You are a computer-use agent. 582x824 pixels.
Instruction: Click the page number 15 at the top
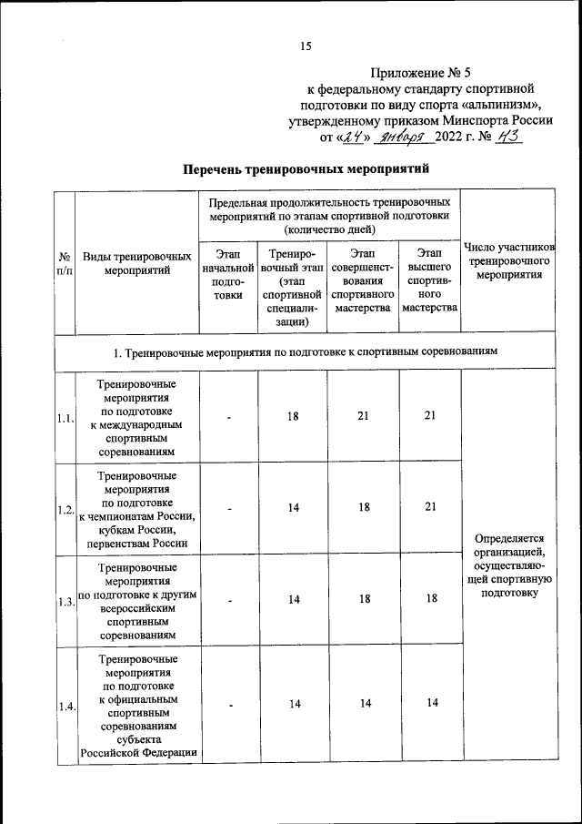pyautogui.click(x=306, y=46)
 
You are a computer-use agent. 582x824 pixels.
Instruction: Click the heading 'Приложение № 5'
pyautogui.click(x=422, y=71)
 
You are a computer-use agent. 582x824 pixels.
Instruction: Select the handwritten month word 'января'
pyautogui.click(x=400, y=137)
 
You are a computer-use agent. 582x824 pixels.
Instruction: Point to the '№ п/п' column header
pyautogui.click(x=65, y=264)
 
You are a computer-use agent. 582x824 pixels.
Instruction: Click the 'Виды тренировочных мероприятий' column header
pyautogui.click(x=136, y=264)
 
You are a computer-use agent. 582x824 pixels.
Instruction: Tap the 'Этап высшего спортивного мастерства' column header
pyautogui.click(x=430, y=280)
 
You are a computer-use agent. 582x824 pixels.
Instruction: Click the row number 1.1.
pyautogui.click(x=64, y=418)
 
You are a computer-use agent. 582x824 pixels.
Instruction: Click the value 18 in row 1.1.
pyautogui.click(x=294, y=415)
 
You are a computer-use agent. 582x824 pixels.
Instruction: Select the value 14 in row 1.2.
pyautogui.click(x=294, y=508)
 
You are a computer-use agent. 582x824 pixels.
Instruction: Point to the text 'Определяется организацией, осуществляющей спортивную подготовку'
pyautogui.click(x=507, y=565)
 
